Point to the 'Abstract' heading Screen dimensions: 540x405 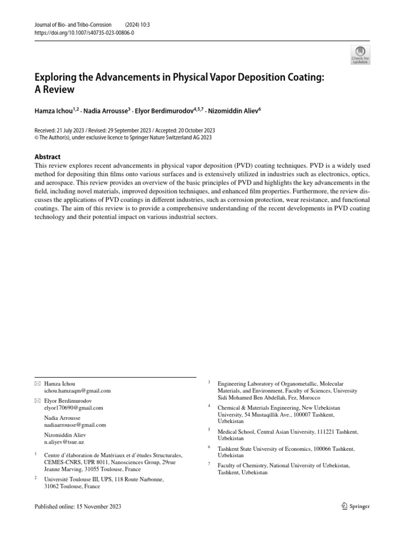[x=47, y=157]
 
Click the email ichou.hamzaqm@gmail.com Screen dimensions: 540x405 [x=78, y=391]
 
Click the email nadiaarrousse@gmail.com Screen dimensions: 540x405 [x=75, y=425]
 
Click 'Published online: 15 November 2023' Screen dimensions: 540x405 [x=78, y=506]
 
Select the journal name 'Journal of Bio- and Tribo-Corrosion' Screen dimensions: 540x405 [x=73, y=24]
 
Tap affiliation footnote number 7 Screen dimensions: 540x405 [x=209, y=464]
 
